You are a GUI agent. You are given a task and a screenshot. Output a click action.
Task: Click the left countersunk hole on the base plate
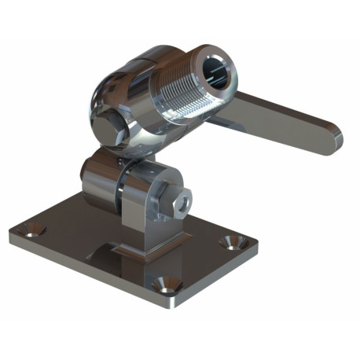(x=34, y=231)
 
